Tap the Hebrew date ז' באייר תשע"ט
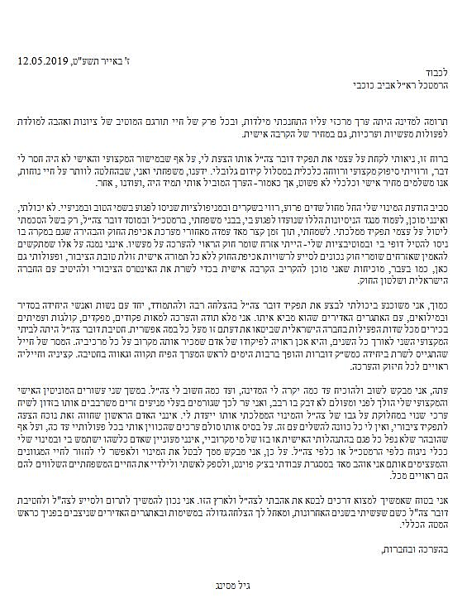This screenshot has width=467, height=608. click(96, 60)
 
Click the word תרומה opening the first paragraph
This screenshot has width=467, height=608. click(439, 119)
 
